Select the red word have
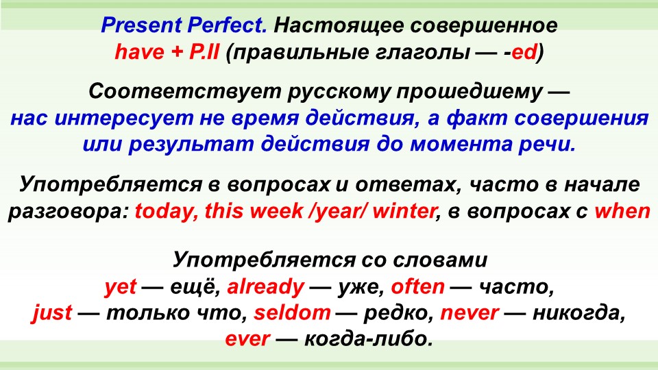pos(139,52)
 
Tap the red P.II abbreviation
pos(204,52)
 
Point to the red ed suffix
pos(524,52)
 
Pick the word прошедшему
pos(469,91)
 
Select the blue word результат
pos(191,145)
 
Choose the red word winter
pos(404,211)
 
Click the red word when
pos(622,211)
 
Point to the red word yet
pos(121,287)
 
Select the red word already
pos(266,287)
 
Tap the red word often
pos(417,287)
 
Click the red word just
pos(52,313)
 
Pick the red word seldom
pos(293,313)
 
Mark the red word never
pos(470,313)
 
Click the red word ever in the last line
pos(247,339)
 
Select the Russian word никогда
pos(578,313)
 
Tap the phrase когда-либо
pos(368,339)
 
